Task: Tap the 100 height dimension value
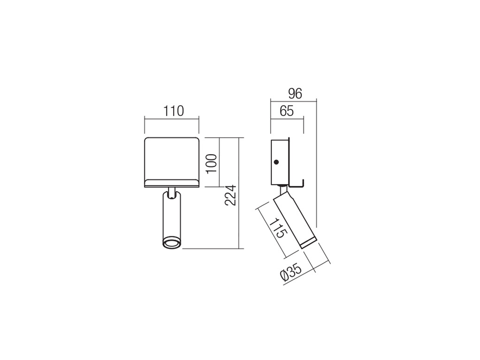point(211,163)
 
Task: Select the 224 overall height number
point(233,195)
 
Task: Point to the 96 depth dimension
point(295,94)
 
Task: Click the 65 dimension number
point(286,111)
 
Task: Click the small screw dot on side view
point(276,162)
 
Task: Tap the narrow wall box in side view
point(279,161)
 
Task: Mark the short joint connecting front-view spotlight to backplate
point(172,192)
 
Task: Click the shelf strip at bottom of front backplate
point(172,182)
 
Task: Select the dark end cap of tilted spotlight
point(307,243)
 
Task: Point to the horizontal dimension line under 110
point(172,118)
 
